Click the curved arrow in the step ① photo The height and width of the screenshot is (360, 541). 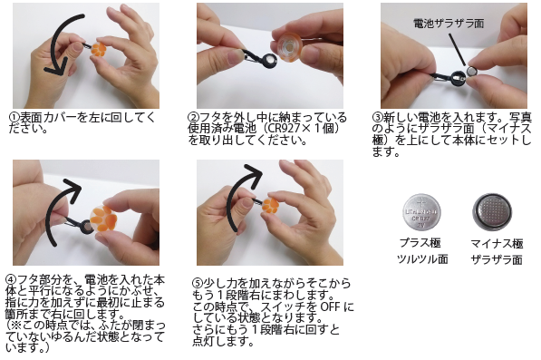click(52, 42)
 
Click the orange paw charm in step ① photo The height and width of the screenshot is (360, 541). click(99, 49)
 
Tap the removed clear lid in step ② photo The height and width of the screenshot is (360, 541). click(289, 47)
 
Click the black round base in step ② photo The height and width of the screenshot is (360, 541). click(269, 62)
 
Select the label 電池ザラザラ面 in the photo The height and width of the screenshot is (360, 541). click(449, 24)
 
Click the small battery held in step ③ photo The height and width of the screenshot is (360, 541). click(471, 72)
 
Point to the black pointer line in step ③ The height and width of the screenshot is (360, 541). click(457, 49)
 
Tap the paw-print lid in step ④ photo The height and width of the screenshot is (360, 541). click(103, 219)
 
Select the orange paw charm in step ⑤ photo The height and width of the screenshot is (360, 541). click(270, 205)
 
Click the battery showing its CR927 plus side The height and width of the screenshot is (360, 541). click(421, 212)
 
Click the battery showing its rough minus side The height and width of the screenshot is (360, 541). click(492, 211)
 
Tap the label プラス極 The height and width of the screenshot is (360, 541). click(420, 243)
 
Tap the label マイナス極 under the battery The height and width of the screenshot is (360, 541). click(497, 244)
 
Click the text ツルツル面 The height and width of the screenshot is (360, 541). click(422, 258)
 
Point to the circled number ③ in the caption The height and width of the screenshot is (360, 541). click(378, 117)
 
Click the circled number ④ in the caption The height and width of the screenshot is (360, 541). click(11, 279)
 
